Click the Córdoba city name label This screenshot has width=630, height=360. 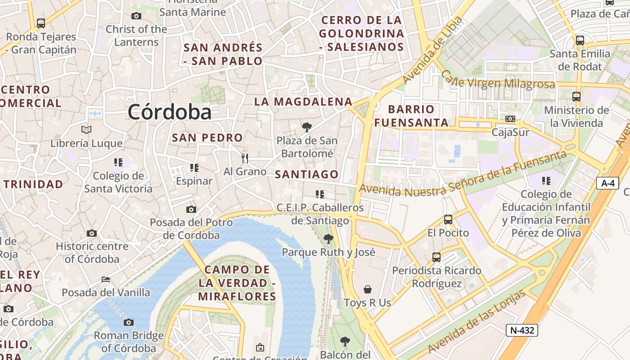(170, 112)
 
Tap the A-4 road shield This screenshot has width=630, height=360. (607, 183)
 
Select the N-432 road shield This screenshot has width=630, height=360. (522, 330)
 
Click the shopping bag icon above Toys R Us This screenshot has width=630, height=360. (368, 289)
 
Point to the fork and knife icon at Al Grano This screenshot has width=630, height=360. (245, 158)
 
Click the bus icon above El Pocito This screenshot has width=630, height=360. (448, 220)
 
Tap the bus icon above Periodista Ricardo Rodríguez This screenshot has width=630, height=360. (436, 257)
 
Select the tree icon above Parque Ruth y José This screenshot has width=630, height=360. (328, 239)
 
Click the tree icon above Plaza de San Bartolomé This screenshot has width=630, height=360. (307, 127)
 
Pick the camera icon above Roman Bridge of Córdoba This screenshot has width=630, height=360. (129, 322)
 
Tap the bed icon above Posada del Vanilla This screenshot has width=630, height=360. (106, 279)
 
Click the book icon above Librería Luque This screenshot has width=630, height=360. (86, 130)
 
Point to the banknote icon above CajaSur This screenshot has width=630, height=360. (510, 119)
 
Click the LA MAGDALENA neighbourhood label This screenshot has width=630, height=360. (303, 102)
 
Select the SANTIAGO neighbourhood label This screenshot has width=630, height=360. (306, 174)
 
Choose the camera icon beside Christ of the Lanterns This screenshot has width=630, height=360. (136, 16)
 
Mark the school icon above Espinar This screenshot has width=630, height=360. (194, 168)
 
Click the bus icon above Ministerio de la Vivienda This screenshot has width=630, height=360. (576, 96)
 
